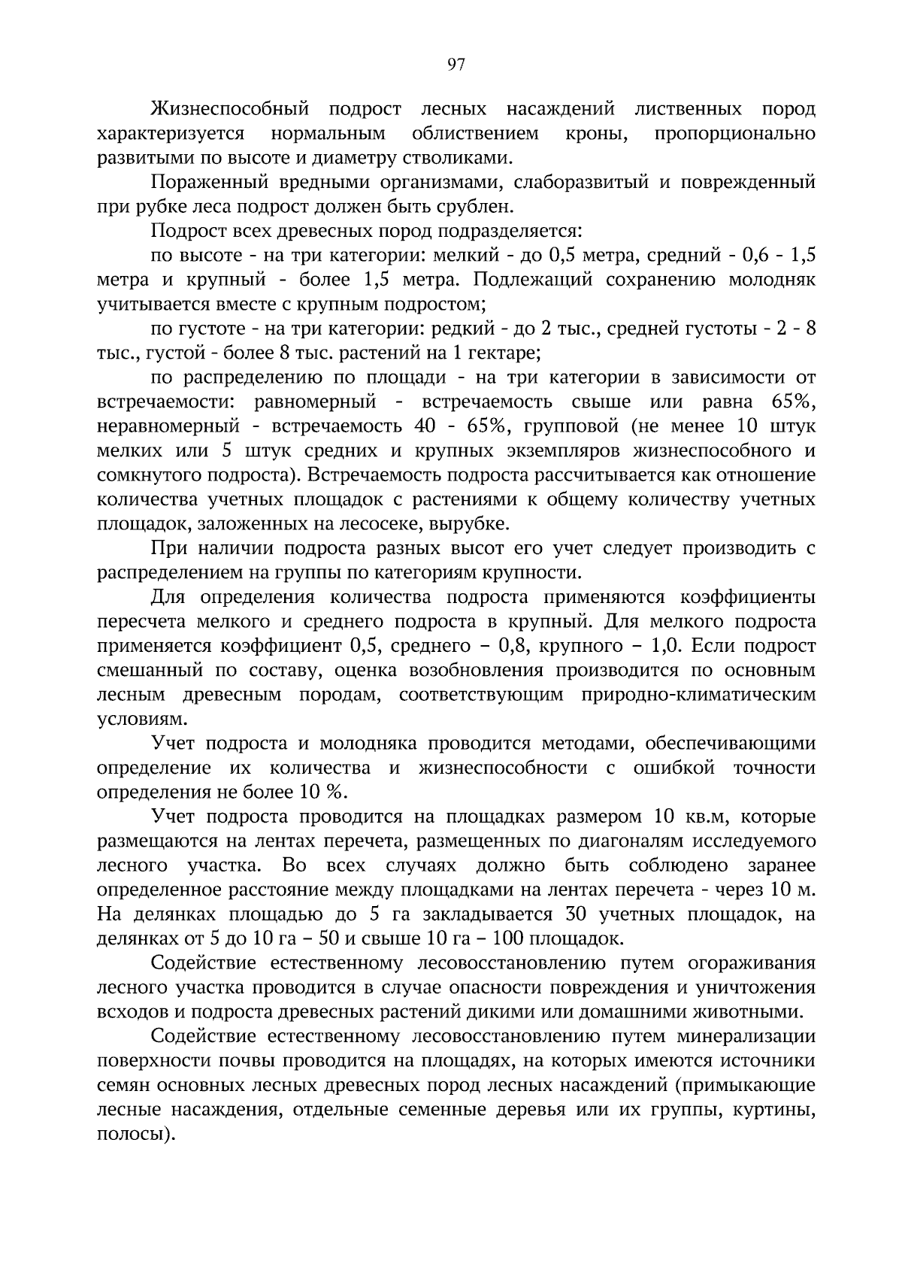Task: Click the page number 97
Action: tap(456, 65)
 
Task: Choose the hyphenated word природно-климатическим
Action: tap(698, 695)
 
